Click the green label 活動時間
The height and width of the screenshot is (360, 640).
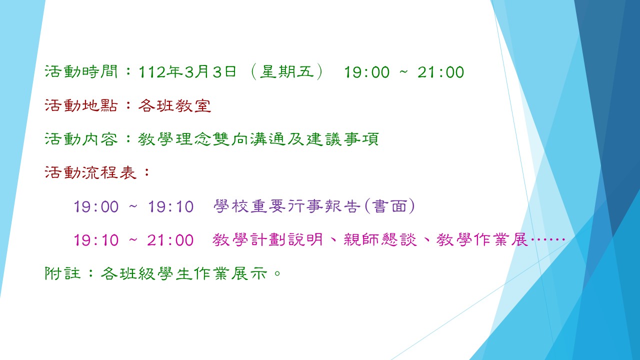[x=81, y=71]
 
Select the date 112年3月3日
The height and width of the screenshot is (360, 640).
[x=187, y=71]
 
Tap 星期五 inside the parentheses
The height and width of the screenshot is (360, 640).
[x=287, y=71]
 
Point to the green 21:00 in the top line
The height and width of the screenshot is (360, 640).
[x=440, y=72]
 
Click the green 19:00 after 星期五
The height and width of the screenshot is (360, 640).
[x=367, y=72]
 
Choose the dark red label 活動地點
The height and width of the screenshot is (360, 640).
[x=81, y=105]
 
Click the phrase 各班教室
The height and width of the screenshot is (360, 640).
[x=175, y=105]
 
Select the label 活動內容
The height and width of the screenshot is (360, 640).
[x=81, y=139]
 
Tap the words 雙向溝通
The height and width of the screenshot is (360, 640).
[x=249, y=139]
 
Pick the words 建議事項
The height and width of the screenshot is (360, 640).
[x=342, y=139]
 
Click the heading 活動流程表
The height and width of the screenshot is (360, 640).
[x=90, y=172]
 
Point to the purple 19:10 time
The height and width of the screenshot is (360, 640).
[x=171, y=206]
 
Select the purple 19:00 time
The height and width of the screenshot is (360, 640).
[x=96, y=206]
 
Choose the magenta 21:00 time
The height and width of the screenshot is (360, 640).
[x=170, y=240]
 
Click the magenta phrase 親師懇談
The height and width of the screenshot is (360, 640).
[x=380, y=239]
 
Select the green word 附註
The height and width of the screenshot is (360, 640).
[x=62, y=273]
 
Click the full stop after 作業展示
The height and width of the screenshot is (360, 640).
[x=277, y=273]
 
